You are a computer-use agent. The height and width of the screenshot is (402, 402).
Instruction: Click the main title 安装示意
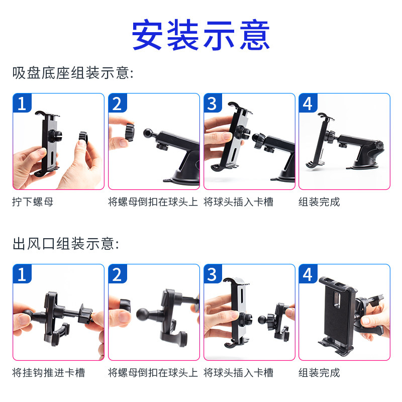coord(200,35)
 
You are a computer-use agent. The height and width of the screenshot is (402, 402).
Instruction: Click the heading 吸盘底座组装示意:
coord(73,73)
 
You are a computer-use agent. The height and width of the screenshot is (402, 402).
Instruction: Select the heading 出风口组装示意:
coord(66,244)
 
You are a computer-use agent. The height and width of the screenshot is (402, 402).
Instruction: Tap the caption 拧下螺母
coord(33,202)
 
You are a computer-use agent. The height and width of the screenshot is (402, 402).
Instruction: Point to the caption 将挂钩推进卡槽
coord(48,372)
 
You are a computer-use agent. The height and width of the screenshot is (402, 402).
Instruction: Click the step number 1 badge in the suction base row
coord(22,103)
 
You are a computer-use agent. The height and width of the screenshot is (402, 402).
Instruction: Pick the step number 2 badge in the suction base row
coord(118,103)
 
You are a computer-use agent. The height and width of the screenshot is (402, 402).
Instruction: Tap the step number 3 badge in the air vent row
coord(213,274)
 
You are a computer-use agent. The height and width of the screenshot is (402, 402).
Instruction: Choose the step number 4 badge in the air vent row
coord(308,274)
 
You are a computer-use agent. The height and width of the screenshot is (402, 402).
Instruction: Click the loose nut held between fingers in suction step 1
coord(83,138)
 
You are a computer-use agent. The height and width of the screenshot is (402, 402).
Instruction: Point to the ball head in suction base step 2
coord(148,133)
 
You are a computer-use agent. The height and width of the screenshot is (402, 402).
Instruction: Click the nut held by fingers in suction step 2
coord(130,132)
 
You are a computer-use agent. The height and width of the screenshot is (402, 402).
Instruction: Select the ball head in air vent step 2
coord(143,315)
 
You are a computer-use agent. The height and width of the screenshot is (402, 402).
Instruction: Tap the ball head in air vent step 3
coord(262,320)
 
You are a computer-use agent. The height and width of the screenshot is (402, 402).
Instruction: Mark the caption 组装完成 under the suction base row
coord(320,202)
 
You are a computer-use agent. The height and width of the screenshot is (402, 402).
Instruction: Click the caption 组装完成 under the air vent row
coord(320,372)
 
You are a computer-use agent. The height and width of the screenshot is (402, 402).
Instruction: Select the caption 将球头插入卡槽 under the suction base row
coord(238,202)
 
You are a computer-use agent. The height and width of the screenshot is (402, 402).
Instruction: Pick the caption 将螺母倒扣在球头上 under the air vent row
coord(153,372)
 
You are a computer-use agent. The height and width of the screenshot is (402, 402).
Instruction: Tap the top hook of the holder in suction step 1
coord(42,113)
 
